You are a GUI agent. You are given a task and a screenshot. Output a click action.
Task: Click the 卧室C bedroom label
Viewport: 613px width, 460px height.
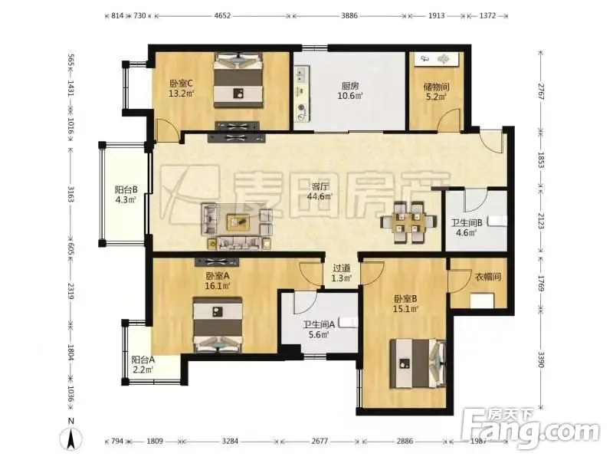(x=182, y=84)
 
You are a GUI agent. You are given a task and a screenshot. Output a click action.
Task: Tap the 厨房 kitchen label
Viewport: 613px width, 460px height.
(x=350, y=86)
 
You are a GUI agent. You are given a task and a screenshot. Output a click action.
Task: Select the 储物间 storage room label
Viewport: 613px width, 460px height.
(x=436, y=87)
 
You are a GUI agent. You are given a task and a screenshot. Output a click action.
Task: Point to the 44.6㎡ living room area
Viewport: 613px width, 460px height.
(x=320, y=196)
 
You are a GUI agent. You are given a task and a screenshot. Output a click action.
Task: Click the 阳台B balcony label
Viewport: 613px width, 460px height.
(x=126, y=190)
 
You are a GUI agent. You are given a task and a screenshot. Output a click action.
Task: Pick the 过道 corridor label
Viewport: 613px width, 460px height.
(x=341, y=268)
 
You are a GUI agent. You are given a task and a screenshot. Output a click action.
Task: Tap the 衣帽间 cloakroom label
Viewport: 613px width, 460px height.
(x=487, y=277)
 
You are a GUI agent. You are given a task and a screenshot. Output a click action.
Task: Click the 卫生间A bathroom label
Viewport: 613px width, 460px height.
(x=319, y=324)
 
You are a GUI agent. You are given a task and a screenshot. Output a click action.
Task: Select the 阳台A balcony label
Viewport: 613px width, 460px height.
(x=143, y=360)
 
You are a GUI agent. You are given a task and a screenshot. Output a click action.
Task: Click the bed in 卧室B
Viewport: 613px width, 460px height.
(x=418, y=363)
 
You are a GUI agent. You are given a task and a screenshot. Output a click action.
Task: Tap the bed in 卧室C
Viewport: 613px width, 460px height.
(x=238, y=81)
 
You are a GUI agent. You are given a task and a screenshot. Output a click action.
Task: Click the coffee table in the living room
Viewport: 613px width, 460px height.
(x=239, y=222)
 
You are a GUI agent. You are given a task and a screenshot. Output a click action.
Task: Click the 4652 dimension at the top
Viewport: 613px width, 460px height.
(x=223, y=15)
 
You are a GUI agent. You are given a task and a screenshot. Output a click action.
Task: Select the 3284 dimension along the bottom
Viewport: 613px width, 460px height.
(x=230, y=442)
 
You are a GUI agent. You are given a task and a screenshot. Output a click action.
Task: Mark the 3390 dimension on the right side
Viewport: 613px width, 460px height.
(x=541, y=359)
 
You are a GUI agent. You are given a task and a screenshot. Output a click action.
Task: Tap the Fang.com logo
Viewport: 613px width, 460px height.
(x=530, y=429)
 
